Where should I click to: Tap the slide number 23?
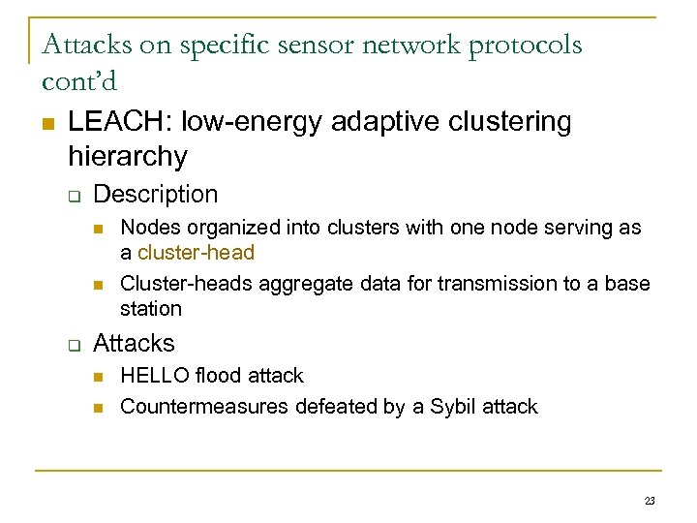(649, 501)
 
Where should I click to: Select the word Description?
(155, 195)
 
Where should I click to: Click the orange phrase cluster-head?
(196, 253)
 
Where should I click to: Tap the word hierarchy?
(128, 155)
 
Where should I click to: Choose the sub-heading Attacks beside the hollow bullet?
(134, 344)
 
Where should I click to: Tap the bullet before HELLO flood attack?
(99, 377)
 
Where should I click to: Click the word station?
(151, 309)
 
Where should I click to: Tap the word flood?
(217, 376)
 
